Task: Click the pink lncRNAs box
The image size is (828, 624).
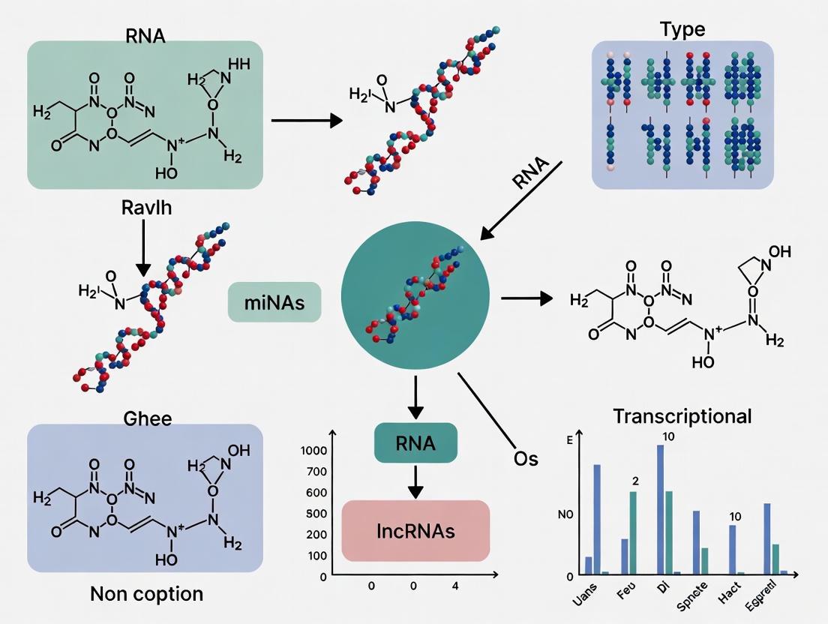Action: point(415,531)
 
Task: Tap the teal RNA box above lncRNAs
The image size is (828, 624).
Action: point(415,442)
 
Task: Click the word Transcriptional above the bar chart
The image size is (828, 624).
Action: point(682,416)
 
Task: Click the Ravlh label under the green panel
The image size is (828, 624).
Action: point(146,208)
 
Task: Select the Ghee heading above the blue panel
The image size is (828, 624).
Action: point(147,418)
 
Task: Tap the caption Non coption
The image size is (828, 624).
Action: point(146,594)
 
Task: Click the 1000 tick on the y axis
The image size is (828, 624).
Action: point(313,451)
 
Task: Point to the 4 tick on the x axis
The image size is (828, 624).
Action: point(454,586)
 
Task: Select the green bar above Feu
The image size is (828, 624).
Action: point(633,532)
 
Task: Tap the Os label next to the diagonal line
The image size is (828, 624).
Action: point(526,457)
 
